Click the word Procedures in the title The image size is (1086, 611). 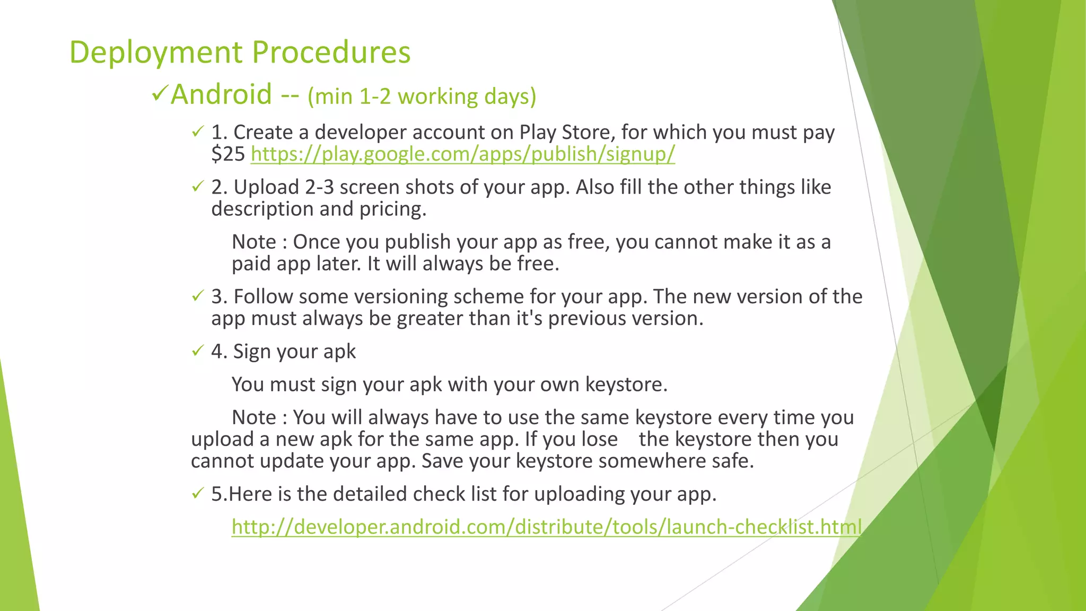pyautogui.click(x=331, y=52)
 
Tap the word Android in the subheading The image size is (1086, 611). pyautogui.click(x=221, y=94)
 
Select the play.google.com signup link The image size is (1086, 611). pyautogui.click(x=462, y=154)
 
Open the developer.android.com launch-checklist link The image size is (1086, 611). pyautogui.click(x=546, y=527)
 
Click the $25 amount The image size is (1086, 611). pyautogui.click(x=227, y=154)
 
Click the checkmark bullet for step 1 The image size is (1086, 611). pyautogui.click(x=198, y=132)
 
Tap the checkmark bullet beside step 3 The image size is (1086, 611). pyautogui.click(x=198, y=296)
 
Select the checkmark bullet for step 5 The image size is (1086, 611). pyautogui.click(x=198, y=494)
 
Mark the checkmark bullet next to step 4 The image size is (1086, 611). pyautogui.click(x=198, y=351)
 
